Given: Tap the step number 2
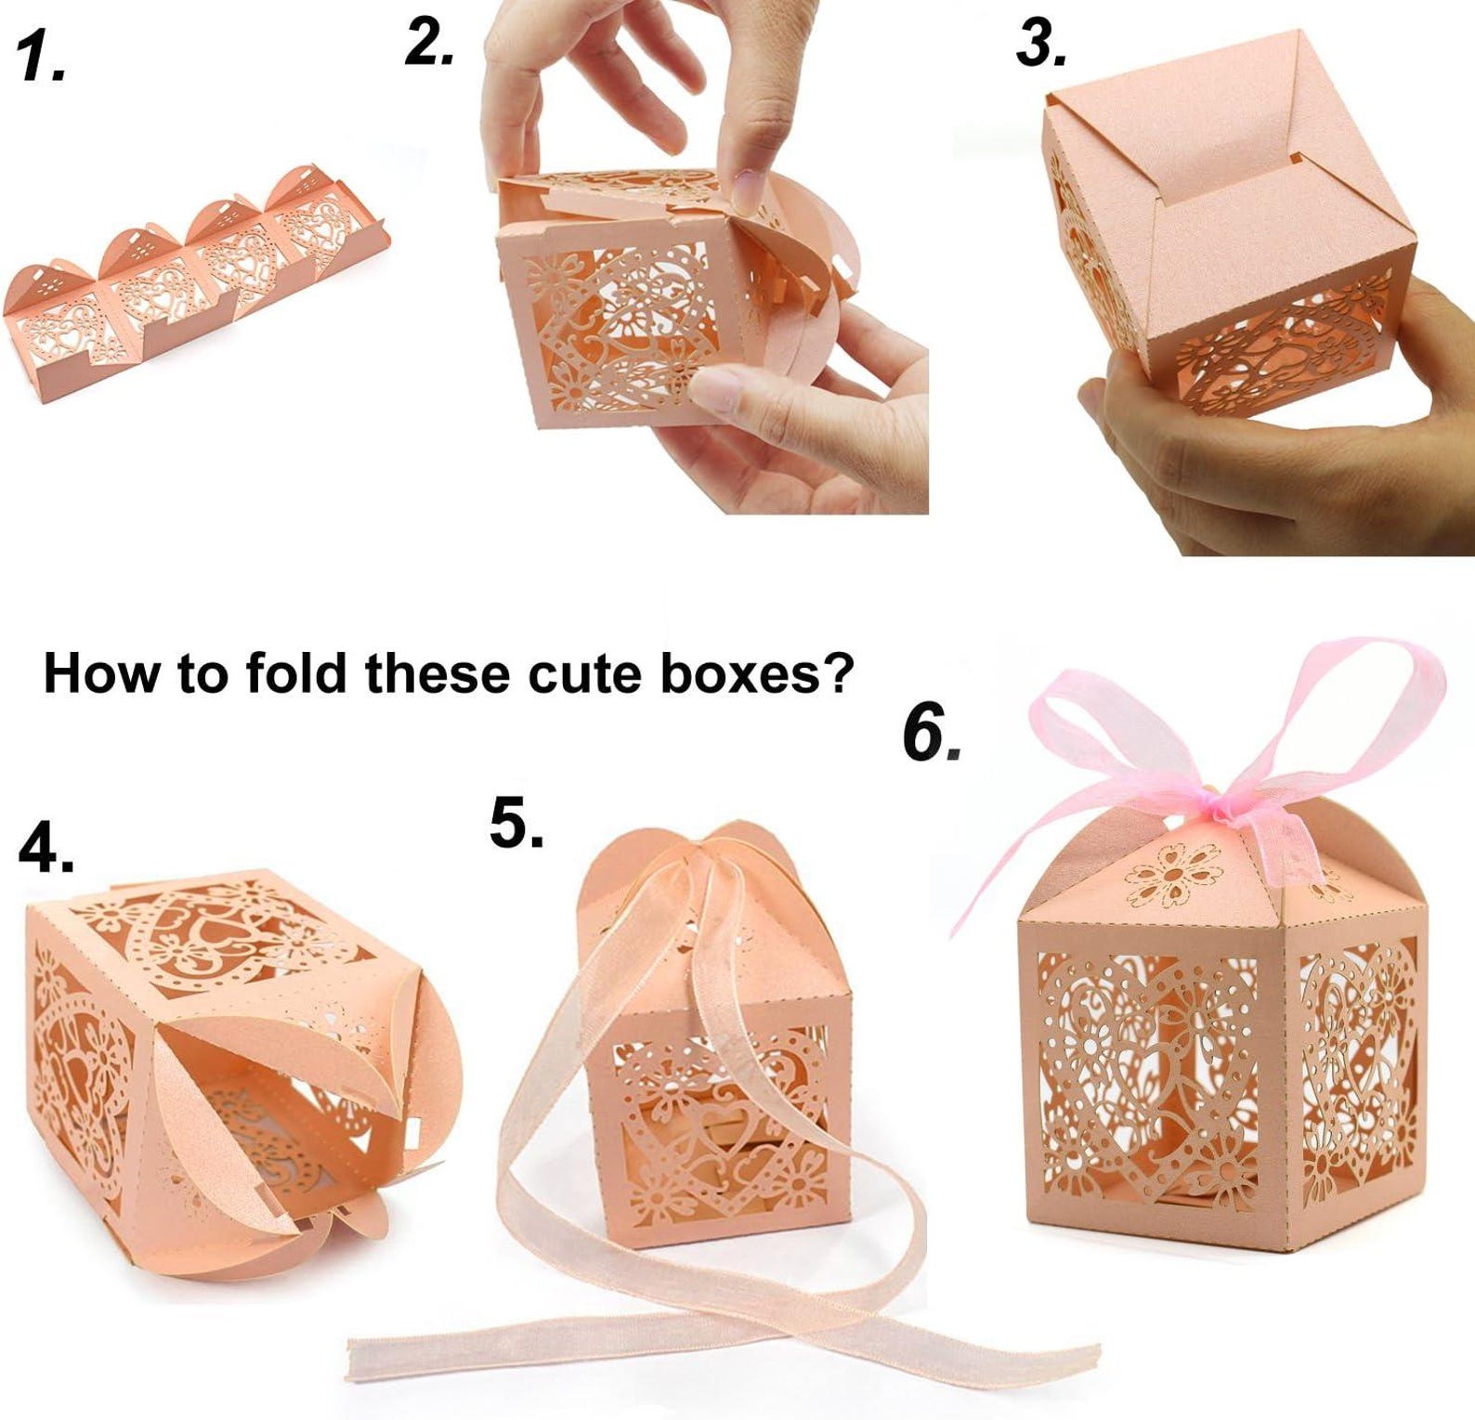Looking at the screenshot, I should click(428, 44).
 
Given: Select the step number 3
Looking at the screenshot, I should click(1039, 44).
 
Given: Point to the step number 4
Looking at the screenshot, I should click(45, 847).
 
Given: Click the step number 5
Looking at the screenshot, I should click(516, 823).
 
